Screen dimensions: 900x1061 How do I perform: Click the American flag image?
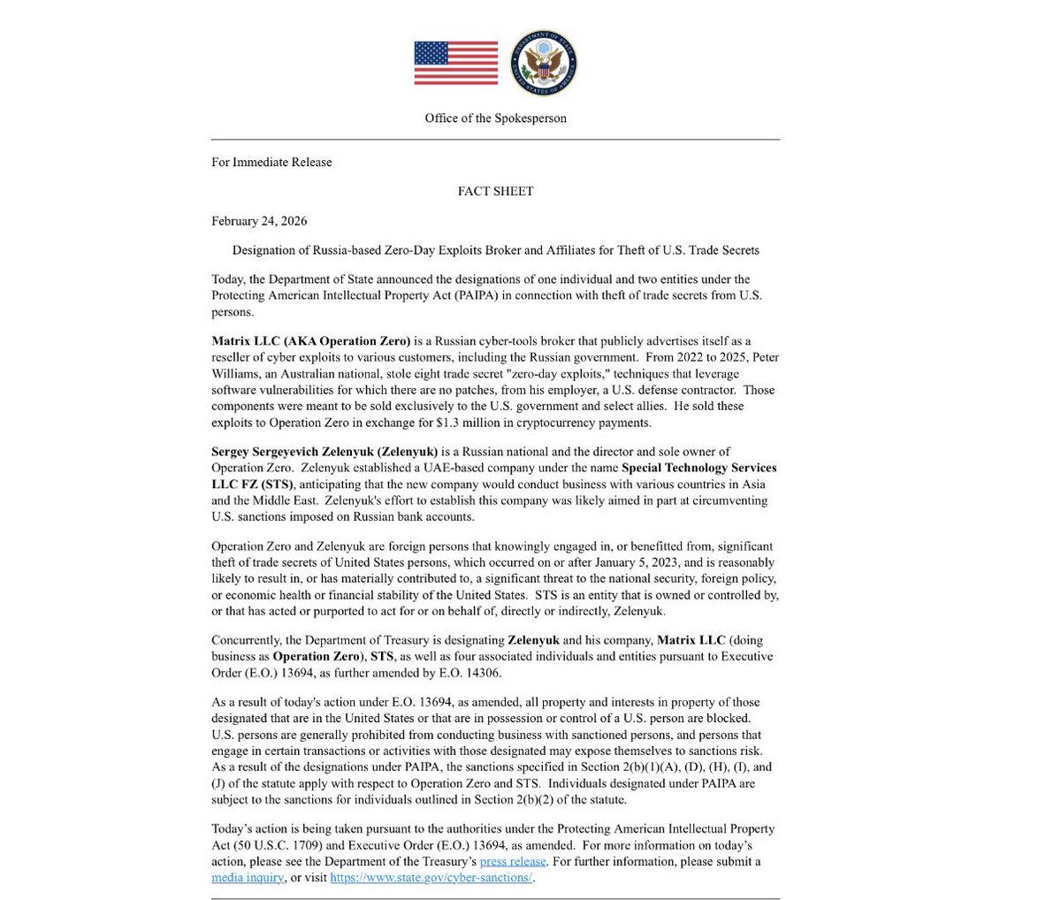click(455, 63)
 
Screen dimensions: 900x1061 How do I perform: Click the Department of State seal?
click(545, 63)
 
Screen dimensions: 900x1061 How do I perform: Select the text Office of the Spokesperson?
click(495, 118)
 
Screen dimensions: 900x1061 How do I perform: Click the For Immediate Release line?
click(271, 162)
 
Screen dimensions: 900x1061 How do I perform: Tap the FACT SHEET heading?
click(495, 191)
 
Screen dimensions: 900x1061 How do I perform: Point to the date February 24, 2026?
click(259, 221)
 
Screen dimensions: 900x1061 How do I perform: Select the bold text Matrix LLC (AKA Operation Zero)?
click(311, 341)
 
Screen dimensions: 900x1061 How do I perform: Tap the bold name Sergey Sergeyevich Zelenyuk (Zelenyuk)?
click(324, 452)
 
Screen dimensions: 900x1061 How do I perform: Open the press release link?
click(513, 861)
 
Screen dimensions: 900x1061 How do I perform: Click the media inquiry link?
click(248, 877)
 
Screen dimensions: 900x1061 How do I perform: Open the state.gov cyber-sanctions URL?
click(431, 877)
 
